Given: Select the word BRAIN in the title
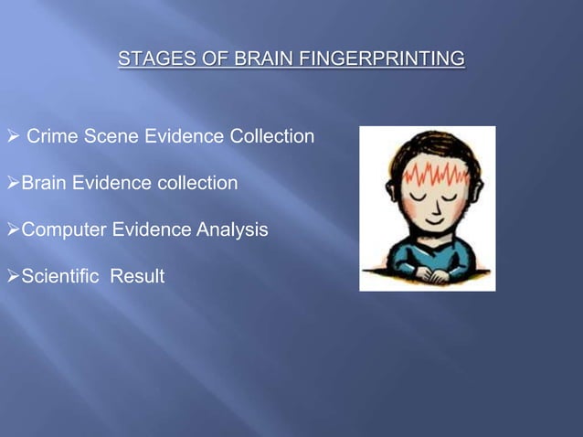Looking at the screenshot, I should [258, 60].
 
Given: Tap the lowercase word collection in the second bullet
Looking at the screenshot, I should [195, 184].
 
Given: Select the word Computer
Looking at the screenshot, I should [61, 230].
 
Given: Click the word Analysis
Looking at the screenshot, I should [233, 230].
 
